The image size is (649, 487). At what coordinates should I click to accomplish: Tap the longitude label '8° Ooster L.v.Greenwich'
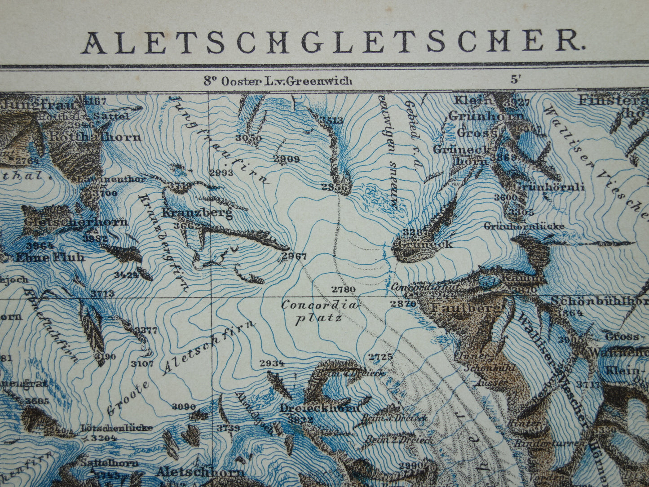[x=278, y=81]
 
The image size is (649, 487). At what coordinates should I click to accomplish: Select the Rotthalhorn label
[x=95, y=137]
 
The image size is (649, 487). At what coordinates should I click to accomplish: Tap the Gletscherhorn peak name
[x=76, y=222]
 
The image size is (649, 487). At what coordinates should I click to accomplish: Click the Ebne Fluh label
[x=49, y=258]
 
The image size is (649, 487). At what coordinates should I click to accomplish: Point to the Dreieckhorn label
[x=320, y=408]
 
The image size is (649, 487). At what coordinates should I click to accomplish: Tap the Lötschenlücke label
[x=116, y=428]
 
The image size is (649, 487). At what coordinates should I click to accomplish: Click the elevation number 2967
[x=294, y=257]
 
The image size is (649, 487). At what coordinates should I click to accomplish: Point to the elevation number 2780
[x=343, y=289]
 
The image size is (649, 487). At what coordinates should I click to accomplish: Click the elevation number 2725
[x=380, y=357]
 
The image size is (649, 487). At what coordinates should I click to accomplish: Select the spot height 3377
[x=146, y=330]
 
